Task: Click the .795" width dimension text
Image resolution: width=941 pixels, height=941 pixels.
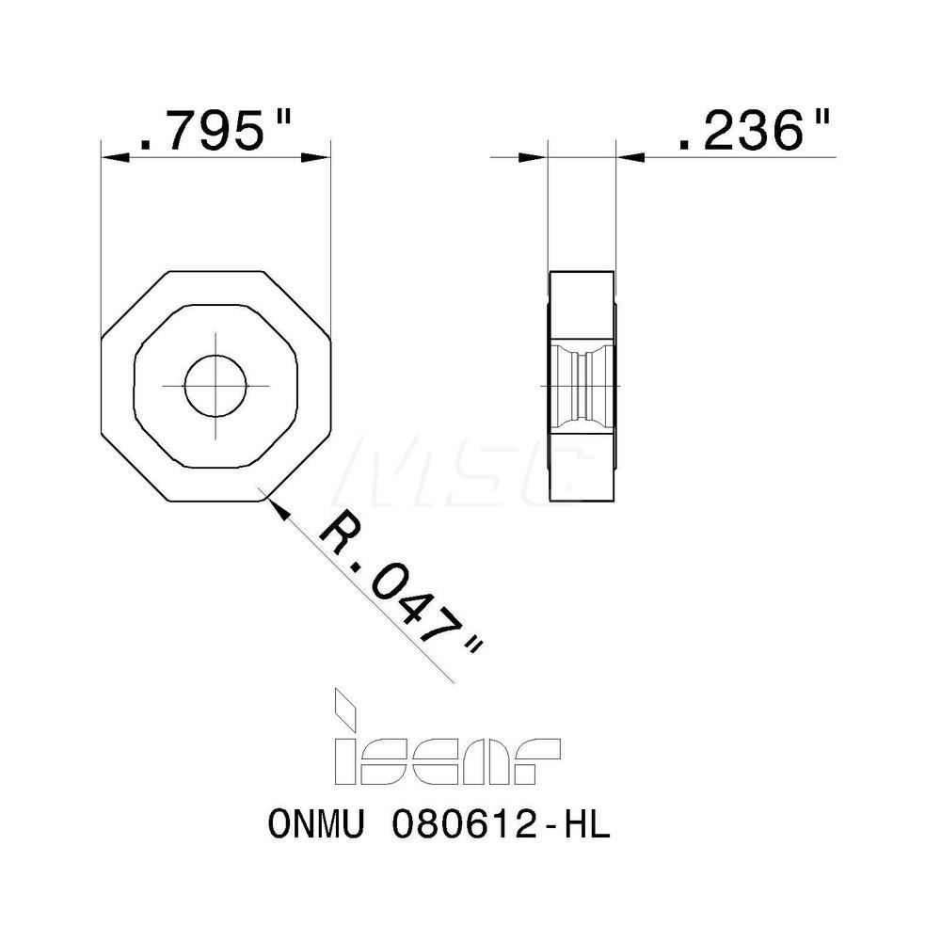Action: (215, 133)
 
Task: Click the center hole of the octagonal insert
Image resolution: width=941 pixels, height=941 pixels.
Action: (215, 386)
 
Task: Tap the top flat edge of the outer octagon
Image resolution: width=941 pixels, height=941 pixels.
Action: (215, 271)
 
